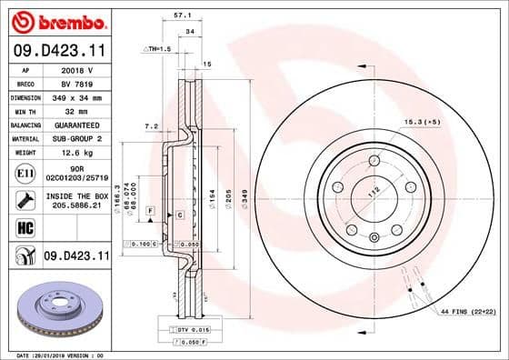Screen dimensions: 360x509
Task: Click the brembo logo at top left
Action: coord(56,21)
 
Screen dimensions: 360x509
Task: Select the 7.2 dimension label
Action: coord(152,125)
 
